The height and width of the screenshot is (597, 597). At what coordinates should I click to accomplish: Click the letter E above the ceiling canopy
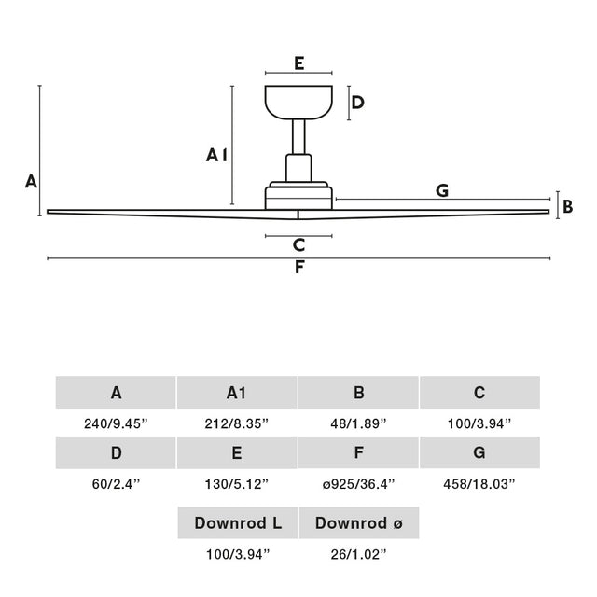(x=298, y=63)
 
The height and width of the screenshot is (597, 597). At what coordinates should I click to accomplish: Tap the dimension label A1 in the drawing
(x=216, y=155)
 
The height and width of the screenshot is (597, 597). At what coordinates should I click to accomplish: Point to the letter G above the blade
(x=442, y=190)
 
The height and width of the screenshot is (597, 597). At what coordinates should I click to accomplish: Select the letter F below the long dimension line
(x=298, y=268)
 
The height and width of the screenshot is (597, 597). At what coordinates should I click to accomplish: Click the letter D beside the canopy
(x=357, y=102)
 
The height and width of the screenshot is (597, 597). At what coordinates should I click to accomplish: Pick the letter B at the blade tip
(x=567, y=204)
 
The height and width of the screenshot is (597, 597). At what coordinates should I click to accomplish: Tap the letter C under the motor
(x=298, y=245)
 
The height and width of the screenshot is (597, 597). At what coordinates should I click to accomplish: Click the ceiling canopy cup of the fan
(x=298, y=103)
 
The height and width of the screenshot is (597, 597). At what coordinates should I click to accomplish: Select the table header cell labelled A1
(x=237, y=393)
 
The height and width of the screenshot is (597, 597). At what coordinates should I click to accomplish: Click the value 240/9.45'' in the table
(x=116, y=423)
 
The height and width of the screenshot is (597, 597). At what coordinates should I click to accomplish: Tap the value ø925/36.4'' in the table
(x=358, y=483)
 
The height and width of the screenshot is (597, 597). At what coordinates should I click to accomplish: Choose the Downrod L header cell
(x=238, y=523)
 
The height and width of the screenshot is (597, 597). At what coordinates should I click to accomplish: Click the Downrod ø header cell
(x=359, y=523)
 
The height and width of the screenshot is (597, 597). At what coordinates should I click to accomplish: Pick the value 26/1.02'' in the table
(x=359, y=554)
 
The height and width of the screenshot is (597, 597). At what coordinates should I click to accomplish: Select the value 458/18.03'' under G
(x=479, y=483)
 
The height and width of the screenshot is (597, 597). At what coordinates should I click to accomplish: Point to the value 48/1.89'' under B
(x=358, y=423)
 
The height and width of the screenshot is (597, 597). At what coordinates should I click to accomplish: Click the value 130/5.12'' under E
(x=237, y=483)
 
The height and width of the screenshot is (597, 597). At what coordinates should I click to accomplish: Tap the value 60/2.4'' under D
(x=116, y=483)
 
